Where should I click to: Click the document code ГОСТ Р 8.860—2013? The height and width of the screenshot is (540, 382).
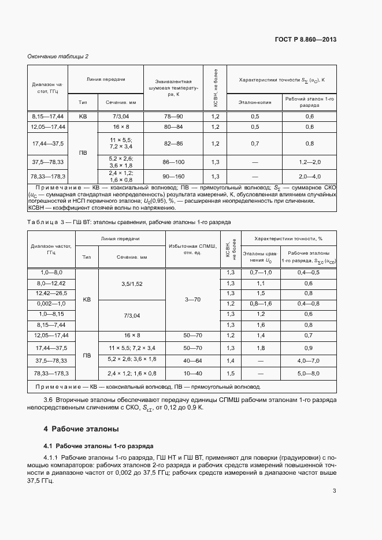point(306,39)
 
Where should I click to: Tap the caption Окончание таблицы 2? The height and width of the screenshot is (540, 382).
point(58,56)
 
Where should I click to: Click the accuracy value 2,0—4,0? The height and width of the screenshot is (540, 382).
point(309,176)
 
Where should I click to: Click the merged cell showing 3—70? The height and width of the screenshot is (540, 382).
point(192,299)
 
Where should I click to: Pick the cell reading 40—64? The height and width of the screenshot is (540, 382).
point(192,360)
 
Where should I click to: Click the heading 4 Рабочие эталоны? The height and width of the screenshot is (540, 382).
point(81,429)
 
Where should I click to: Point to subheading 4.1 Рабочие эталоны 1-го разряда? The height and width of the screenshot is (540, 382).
point(99,446)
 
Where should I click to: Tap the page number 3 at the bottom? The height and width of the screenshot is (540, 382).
point(334,491)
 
